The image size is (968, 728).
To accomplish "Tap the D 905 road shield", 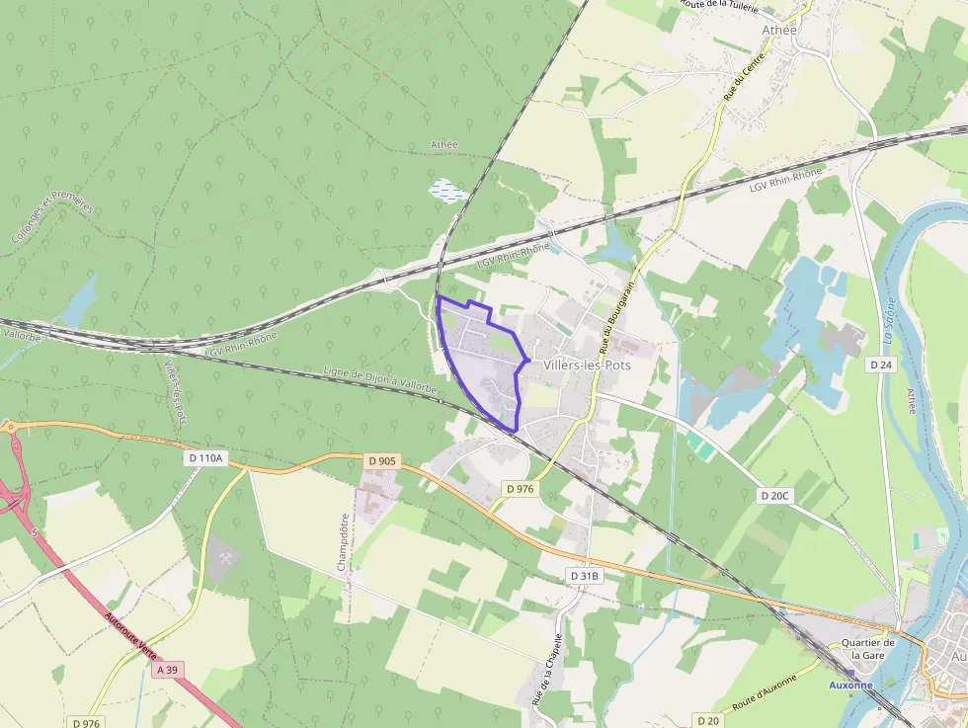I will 381,460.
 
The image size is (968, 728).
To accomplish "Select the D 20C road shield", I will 776,495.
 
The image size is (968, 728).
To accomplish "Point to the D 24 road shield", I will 881,364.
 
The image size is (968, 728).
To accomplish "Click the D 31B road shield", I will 584,575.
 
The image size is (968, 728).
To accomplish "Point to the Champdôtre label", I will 344,542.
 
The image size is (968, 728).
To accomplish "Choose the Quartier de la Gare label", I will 867,649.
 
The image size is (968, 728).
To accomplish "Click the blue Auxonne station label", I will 850,684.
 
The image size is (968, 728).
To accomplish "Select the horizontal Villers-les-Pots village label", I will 587,364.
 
